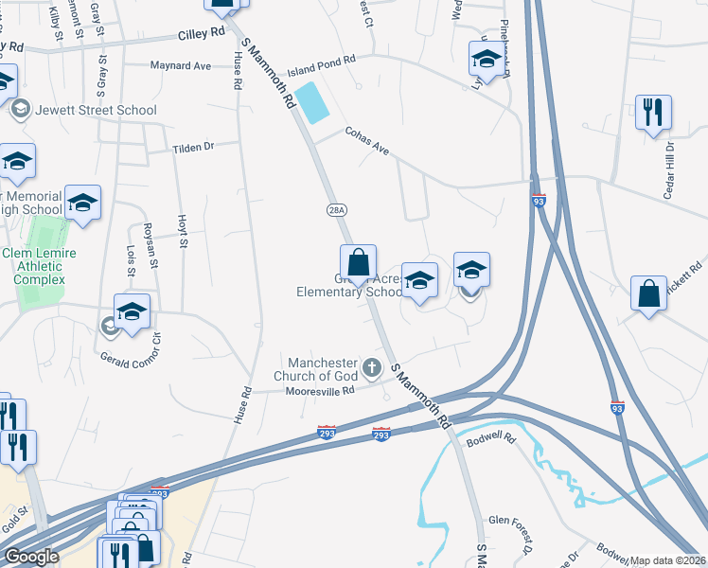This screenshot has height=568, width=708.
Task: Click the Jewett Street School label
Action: [x=95, y=110]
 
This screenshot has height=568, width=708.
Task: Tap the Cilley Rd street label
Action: [x=202, y=33]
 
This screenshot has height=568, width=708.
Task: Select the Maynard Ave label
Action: [x=181, y=66]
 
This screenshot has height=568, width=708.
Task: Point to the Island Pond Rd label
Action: [x=321, y=59]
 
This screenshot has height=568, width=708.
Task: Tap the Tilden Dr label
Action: [x=194, y=148]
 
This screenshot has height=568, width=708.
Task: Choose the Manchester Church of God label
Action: [x=322, y=370]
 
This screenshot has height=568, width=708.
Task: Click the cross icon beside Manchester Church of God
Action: [x=372, y=367]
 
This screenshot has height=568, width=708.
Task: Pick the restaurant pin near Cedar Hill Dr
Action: [x=653, y=114]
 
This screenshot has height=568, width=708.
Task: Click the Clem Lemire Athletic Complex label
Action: [x=40, y=266]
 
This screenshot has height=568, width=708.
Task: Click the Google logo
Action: [x=31, y=557]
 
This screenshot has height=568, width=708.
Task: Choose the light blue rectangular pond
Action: [x=311, y=102]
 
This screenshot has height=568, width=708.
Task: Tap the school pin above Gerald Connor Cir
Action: [x=133, y=311]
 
